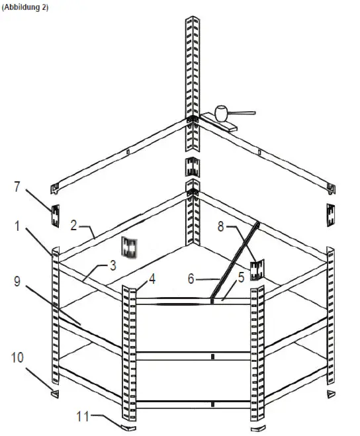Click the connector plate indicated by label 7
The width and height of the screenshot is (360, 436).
pos(56,214)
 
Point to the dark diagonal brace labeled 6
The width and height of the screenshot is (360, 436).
pos(235,261)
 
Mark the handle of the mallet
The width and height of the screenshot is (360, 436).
pos(244,113)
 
